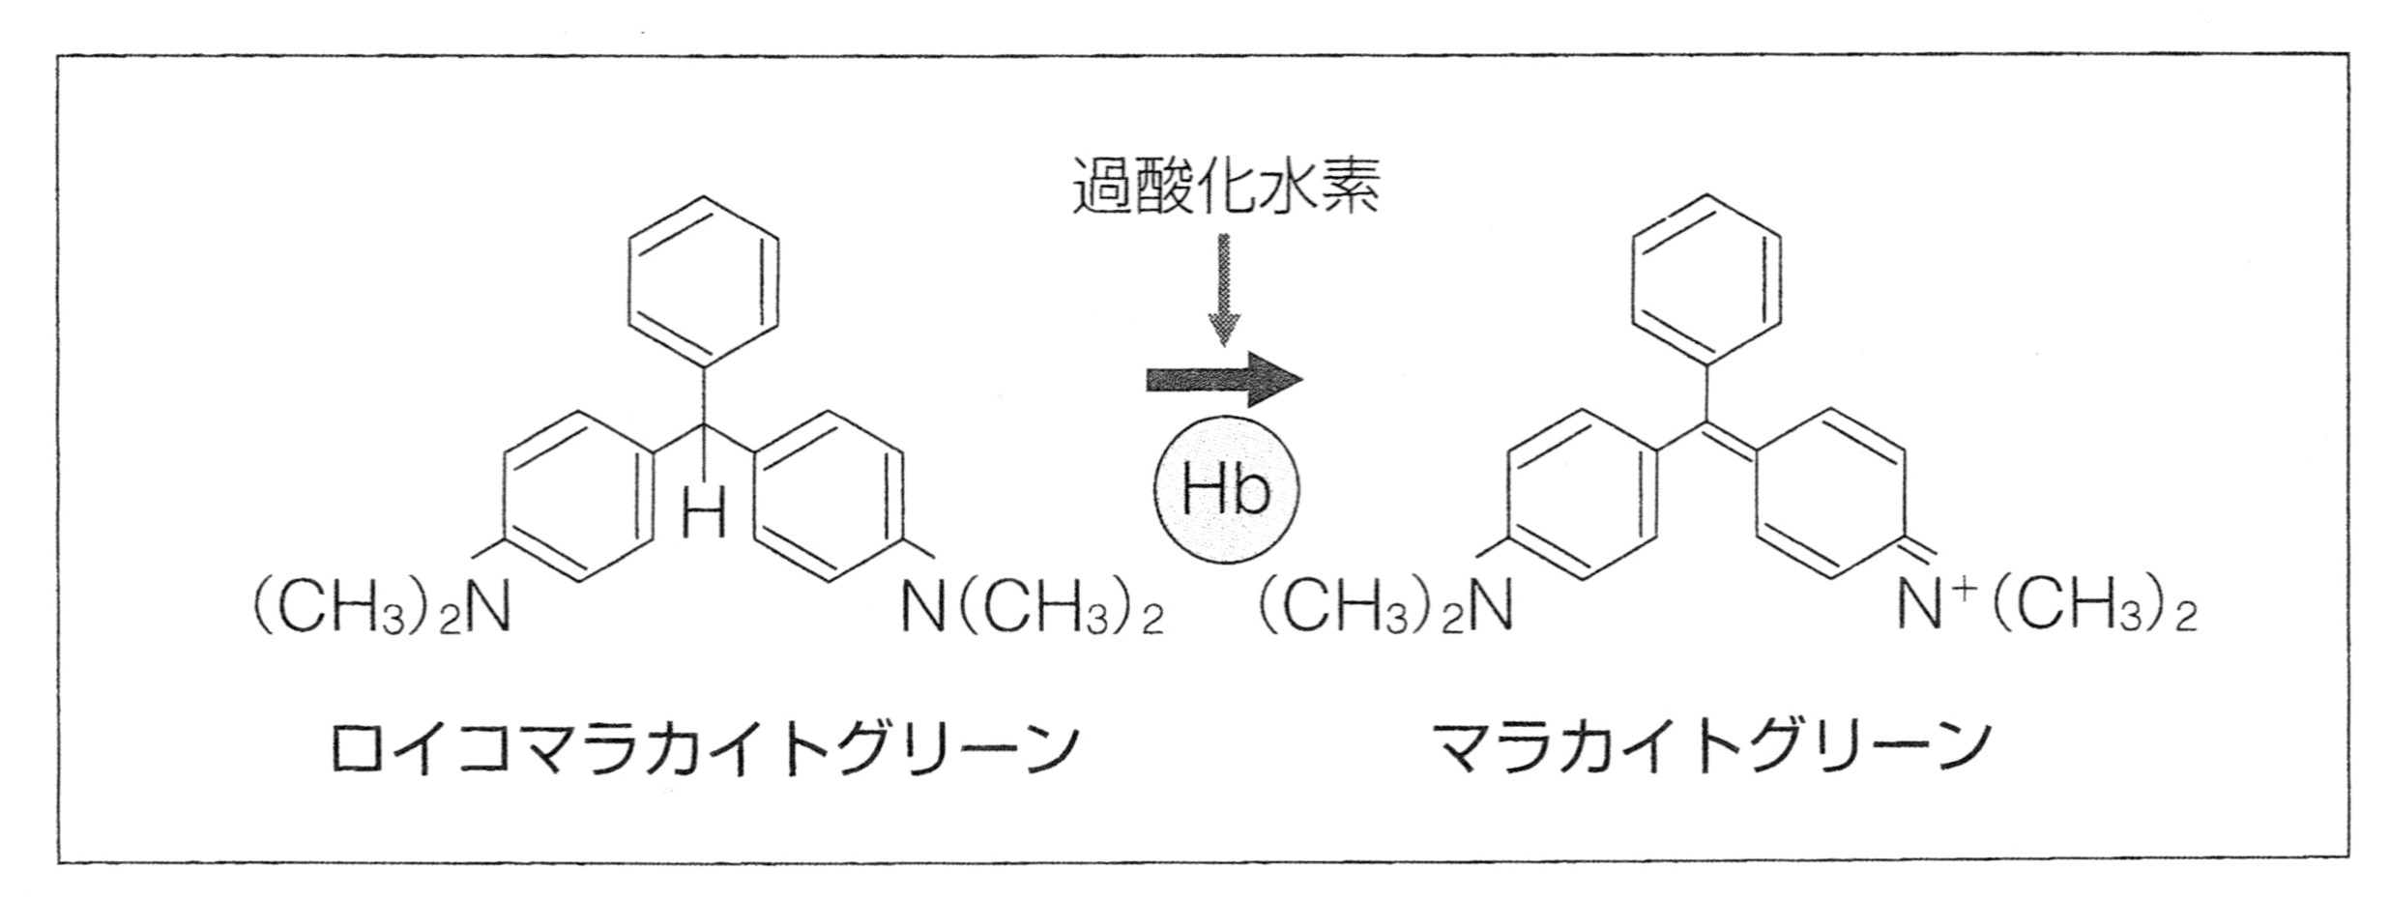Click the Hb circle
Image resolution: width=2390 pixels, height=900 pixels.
(1226, 489)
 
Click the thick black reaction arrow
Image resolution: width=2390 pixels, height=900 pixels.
(1225, 378)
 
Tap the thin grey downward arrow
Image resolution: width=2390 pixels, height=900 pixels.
(1224, 288)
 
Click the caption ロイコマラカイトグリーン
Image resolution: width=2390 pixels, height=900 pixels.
(704, 747)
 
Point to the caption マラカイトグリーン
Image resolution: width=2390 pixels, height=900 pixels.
(1712, 747)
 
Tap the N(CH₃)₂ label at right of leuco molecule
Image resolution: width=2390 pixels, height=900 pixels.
(1033, 607)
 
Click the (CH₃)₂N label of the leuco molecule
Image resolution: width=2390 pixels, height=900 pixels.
(382, 607)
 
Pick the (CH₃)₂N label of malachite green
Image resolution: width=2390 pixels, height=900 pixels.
(1385, 607)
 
